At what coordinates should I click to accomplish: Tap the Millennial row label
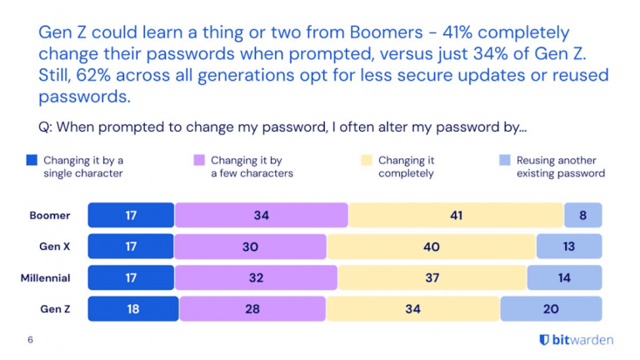coord(45,277)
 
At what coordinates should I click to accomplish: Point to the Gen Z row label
coord(57,309)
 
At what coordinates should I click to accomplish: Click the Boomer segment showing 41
coord(456,215)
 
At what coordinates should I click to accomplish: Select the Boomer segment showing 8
coord(582,215)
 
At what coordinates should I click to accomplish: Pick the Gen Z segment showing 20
coord(551,309)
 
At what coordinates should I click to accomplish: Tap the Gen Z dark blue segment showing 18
coord(133,309)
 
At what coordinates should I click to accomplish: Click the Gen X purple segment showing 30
coord(250,247)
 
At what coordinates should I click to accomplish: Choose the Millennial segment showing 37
coord(432,277)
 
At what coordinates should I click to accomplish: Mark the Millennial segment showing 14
coord(564,277)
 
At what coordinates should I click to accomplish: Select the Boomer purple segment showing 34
coord(262,215)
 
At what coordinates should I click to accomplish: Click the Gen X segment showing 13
coord(568,247)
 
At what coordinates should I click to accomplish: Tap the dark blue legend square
coord(32,160)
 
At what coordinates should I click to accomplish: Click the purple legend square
coord(199,160)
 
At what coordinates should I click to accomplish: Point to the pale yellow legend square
coord(367,160)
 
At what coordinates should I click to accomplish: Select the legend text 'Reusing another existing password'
coord(560,167)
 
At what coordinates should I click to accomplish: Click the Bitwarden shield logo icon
coord(544,340)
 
